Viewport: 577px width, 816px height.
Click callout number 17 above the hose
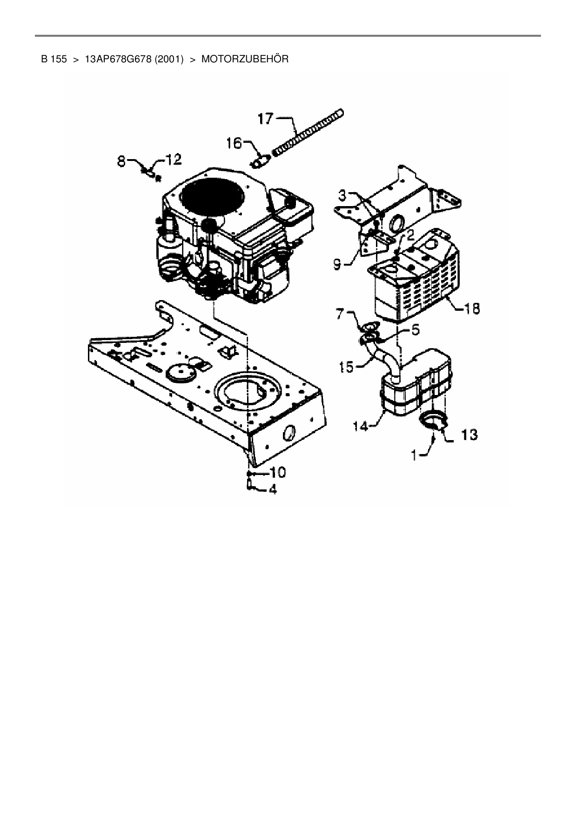click(266, 119)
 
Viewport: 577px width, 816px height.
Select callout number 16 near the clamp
click(234, 143)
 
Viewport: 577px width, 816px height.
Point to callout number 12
click(173, 160)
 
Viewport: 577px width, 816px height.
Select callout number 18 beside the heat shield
click(473, 308)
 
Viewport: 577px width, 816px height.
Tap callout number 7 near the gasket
click(340, 315)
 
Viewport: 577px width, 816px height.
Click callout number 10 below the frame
click(278, 473)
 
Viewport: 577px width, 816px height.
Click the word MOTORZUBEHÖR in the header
click(245, 59)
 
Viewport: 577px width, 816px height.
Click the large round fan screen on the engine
click(212, 195)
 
